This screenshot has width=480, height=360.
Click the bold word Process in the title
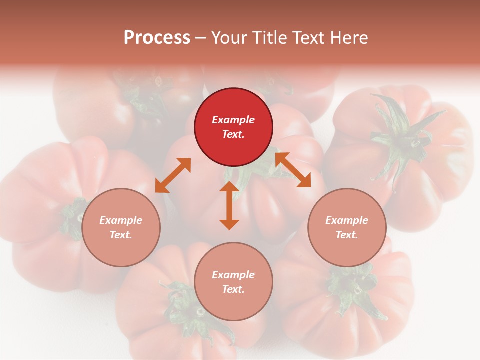[x=157, y=38]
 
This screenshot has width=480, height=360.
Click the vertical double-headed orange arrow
[x=229, y=206]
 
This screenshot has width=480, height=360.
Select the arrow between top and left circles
[x=173, y=175]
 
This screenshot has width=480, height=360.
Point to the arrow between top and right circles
[x=293, y=170]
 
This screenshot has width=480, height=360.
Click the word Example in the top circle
[x=233, y=120]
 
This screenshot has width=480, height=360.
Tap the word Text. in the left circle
[x=121, y=235]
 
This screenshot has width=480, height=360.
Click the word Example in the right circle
[x=347, y=220]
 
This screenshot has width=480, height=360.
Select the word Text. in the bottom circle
[x=233, y=289]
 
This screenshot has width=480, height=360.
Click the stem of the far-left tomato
[x=75, y=217]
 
